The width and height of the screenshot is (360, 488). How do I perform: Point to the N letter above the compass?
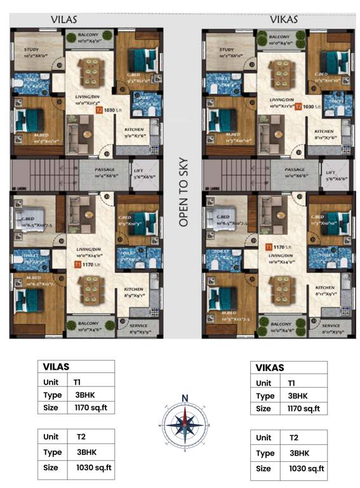[x=185, y=398]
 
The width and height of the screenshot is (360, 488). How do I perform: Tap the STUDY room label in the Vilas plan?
[x=32, y=50]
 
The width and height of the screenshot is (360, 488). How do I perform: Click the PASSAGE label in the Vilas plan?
[x=105, y=170]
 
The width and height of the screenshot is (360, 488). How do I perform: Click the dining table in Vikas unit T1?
[x=281, y=291]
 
